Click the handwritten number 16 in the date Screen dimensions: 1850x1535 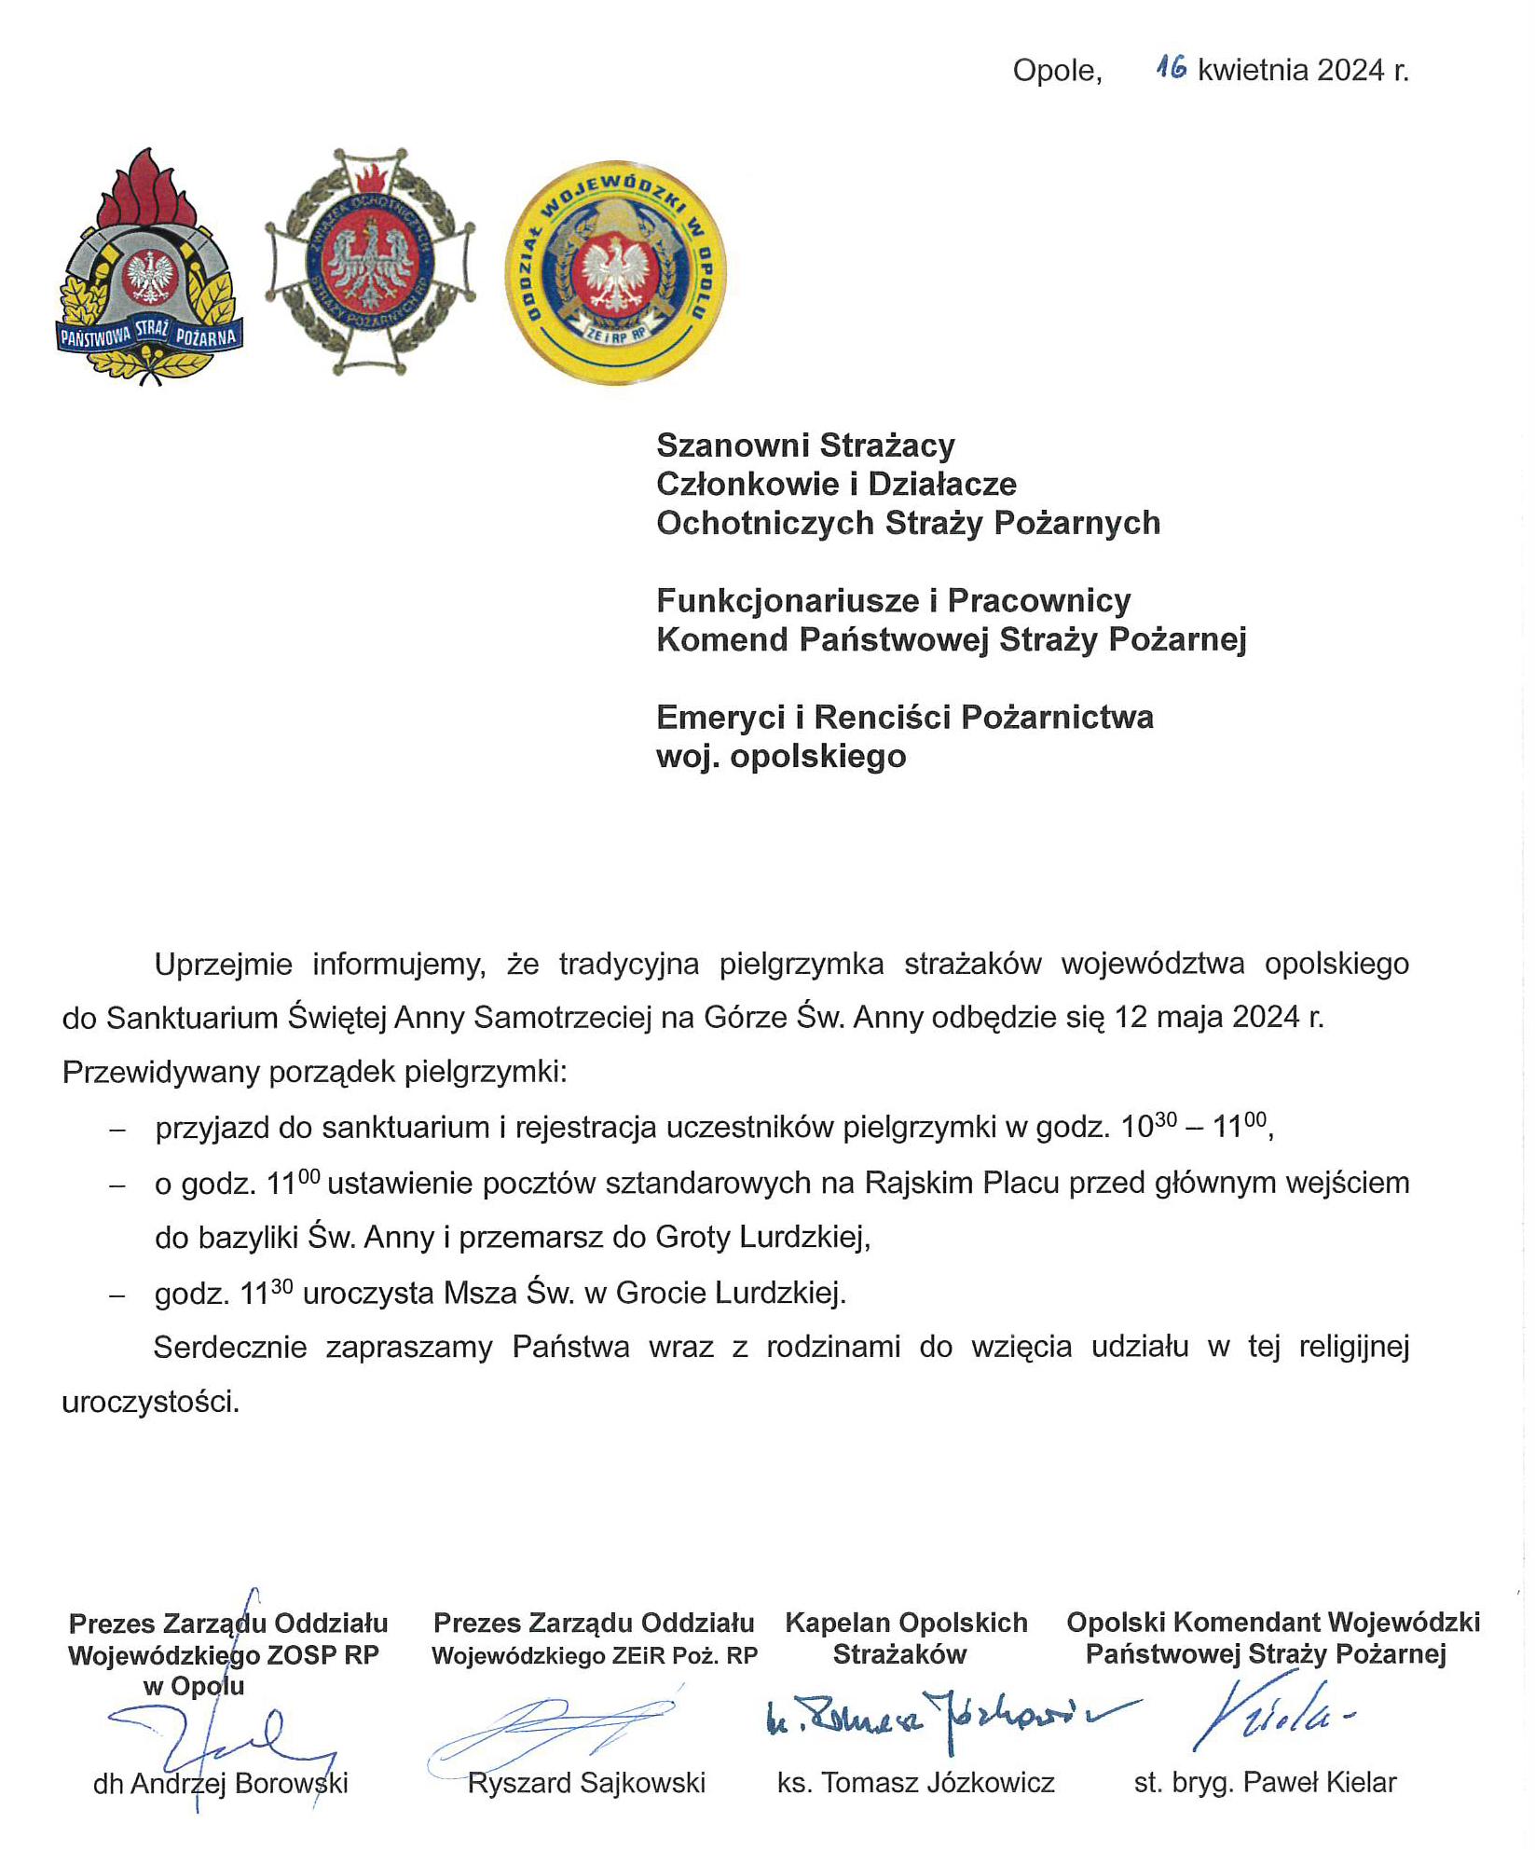(x=1171, y=67)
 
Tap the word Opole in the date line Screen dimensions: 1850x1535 (x=1056, y=71)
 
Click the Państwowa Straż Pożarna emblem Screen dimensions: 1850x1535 (x=150, y=270)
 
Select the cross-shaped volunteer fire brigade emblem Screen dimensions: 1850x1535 (x=370, y=262)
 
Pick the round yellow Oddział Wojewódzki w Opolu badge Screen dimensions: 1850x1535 (x=615, y=272)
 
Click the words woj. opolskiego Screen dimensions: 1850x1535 (x=781, y=756)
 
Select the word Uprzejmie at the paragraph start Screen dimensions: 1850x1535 (x=224, y=964)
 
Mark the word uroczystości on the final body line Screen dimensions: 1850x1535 (x=150, y=1402)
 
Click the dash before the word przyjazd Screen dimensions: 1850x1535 (x=117, y=1129)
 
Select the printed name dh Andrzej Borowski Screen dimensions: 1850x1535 (x=221, y=1783)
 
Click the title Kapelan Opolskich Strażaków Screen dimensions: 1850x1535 (x=905, y=1638)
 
